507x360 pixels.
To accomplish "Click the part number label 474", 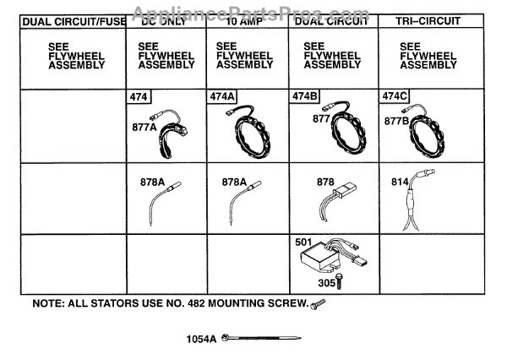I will [137, 97].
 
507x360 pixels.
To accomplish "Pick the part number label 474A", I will [221, 97].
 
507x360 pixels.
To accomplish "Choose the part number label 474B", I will [304, 97].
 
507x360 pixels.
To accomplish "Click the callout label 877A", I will [144, 128].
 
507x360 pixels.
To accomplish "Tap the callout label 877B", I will [397, 120].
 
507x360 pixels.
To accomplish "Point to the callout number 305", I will [326, 283].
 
